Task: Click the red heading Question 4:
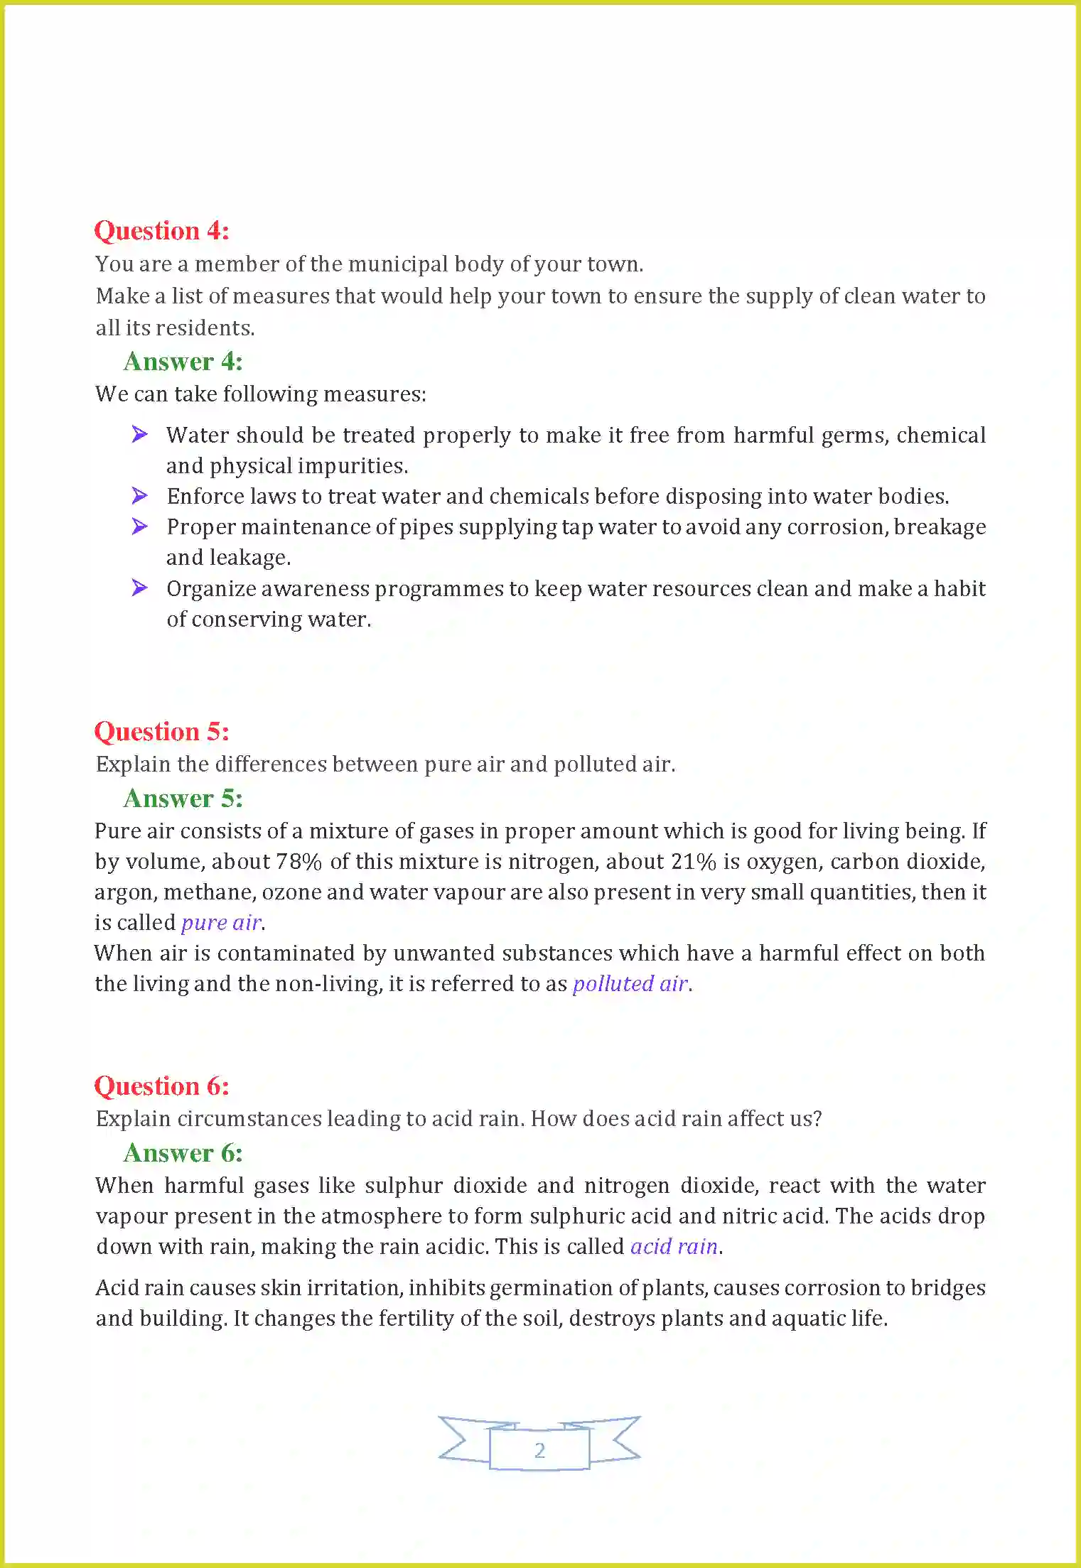161,231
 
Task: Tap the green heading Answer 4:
183,362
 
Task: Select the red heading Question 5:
161,732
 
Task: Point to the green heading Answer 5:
183,799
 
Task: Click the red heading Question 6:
161,1086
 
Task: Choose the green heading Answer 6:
183,1153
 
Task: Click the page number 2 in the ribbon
539,1450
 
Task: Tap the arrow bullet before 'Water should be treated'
140,434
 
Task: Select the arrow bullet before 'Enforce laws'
140,495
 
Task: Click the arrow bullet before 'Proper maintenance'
140,526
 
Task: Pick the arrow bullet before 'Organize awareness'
140,588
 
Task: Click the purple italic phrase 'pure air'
221,923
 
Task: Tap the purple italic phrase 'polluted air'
630,984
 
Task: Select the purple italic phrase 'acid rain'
674,1247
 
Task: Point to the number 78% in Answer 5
299,862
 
